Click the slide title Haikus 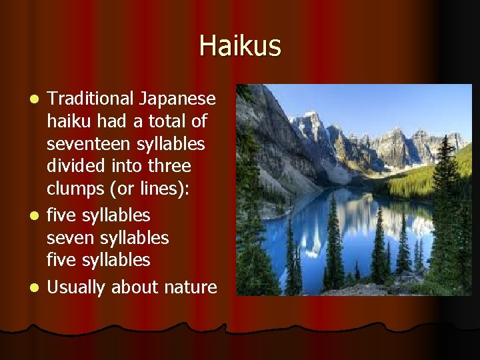click(240, 46)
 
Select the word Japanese click(177, 99)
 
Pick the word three click(170, 165)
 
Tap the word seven click(69, 237)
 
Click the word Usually click(77, 287)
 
